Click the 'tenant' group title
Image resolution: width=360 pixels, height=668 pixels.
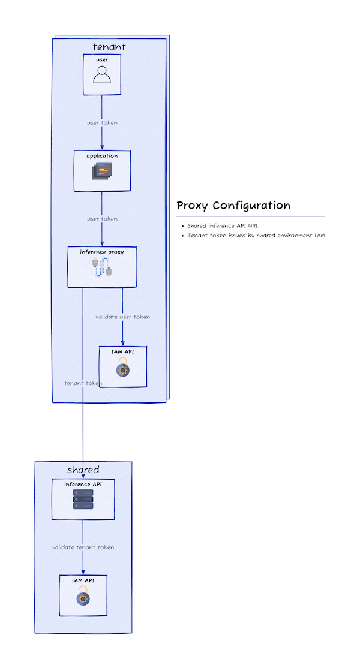pyautogui.click(x=109, y=47)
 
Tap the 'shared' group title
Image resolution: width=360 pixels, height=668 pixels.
pyautogui.click(x=83, y=470)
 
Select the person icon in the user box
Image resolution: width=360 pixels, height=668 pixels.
pyautogui.click(x=102, y=75)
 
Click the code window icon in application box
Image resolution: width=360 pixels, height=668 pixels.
pyautogui.click(x=102, y=171)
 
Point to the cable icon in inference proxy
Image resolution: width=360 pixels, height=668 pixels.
pyautogui.click(x=102, y=268)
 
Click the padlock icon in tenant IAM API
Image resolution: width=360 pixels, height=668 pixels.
pyautogui.click(x=123, y=368)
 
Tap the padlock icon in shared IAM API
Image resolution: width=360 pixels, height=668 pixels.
pyautogui.click(x=83, y=597)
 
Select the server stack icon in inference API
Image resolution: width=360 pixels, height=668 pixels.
pyautogui.click(x=83, y=499)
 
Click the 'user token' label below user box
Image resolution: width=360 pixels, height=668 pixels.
pyautogui.click(x=102, y=123)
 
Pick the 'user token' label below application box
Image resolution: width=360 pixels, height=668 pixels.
pyautogui.click(x=102, y=219)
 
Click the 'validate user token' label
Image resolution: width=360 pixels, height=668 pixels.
pyautogui.click(x=123, y=317)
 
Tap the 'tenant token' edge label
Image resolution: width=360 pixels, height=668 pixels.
pyautogui.click(x=83, y=383)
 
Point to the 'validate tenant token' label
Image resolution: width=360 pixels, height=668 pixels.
pyautogui.click(x=83, y=547)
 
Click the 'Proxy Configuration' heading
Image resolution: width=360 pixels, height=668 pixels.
pyautogui.click(x=233, y=206)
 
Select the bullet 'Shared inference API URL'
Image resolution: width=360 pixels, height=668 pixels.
pyautogui.click(x=223, y=226)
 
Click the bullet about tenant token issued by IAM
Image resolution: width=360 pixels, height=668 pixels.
pyautogui.click(x=256, y=236)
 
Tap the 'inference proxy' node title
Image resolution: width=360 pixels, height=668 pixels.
pyautogui.click(x=102, y=252)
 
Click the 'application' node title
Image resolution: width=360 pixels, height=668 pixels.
pyautogui.click(x=102, y=156)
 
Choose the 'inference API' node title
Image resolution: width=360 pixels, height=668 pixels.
pyautogui.click(x=83, y=484)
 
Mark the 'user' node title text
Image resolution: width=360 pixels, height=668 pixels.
pyautogui.click(x=102, y=60)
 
